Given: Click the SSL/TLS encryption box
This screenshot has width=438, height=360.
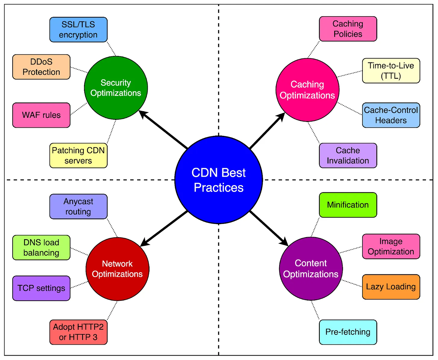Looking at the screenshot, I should (x=78, y=29).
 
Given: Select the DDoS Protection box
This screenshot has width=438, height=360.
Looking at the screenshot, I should (x=41, y=67).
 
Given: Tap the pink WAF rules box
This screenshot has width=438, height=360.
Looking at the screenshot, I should (x=41, y=115).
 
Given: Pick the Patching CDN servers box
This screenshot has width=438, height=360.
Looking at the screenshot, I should (x=78, y=155).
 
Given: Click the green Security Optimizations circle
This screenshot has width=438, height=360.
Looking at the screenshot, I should (x=116, y=88).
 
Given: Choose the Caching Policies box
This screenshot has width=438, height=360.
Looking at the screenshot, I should (x=348, y=29).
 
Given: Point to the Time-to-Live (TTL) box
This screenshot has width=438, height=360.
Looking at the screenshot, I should (x=391, y=71).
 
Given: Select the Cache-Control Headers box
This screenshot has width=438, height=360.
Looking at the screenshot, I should (x=391, y=115).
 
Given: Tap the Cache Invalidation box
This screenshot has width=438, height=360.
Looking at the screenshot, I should (x=348, y=155).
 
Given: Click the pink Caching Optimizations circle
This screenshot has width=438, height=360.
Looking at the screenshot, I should (x=307, y=90).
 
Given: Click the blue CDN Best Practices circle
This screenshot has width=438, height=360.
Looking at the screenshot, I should (x=219, y=180).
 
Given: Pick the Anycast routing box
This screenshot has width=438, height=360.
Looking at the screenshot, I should (x=78, y=206).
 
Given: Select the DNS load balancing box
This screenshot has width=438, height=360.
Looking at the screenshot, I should (x=41, y=247).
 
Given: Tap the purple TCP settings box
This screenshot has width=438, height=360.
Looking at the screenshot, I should (x=41, y=288).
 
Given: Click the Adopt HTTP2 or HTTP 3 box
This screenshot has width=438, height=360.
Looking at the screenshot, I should (x=78, y=332).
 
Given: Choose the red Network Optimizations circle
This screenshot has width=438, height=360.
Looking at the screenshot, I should (x=117, y=269).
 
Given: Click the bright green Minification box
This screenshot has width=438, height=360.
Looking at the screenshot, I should (x=348, y=205).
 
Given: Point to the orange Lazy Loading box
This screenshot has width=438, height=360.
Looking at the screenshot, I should (x=391, y=287).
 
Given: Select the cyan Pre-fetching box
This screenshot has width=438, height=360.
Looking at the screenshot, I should (x=348, y=332).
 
